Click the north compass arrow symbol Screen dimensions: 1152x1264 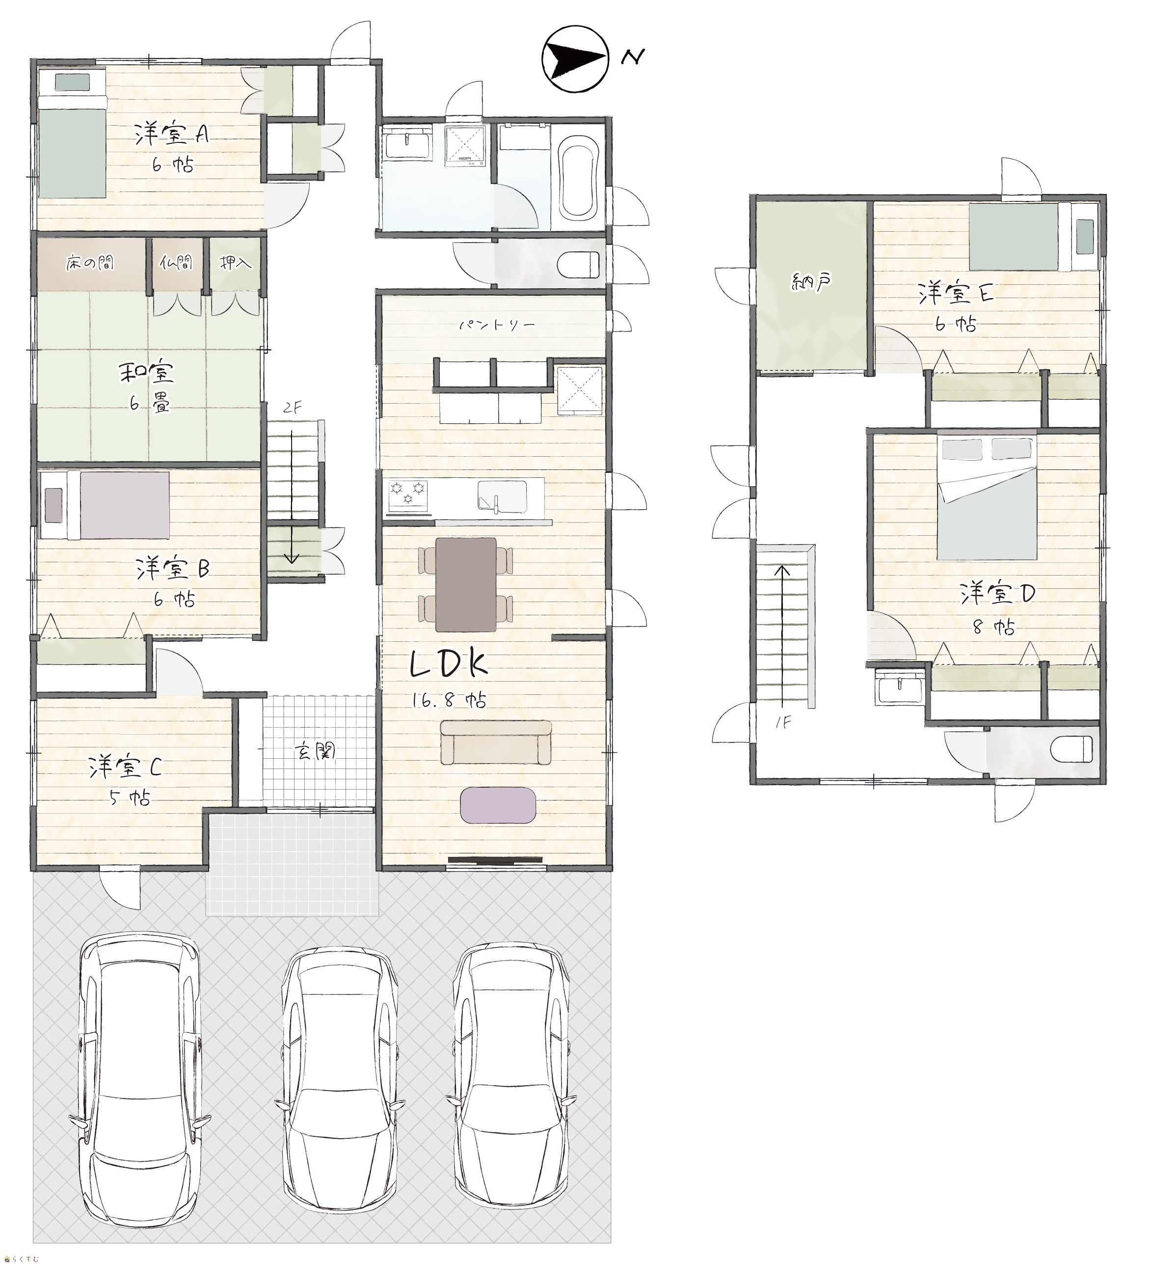(575, 59)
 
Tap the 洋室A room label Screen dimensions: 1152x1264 (171, 135)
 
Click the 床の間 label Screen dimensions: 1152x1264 (91, 263)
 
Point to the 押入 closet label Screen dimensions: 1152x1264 (235, 263)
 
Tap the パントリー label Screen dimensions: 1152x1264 (497, 325)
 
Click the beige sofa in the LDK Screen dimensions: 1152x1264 (496, 742)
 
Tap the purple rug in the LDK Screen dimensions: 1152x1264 (498, 804)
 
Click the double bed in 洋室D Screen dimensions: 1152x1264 (986, 498)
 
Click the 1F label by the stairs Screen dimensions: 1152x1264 (783, 722)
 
